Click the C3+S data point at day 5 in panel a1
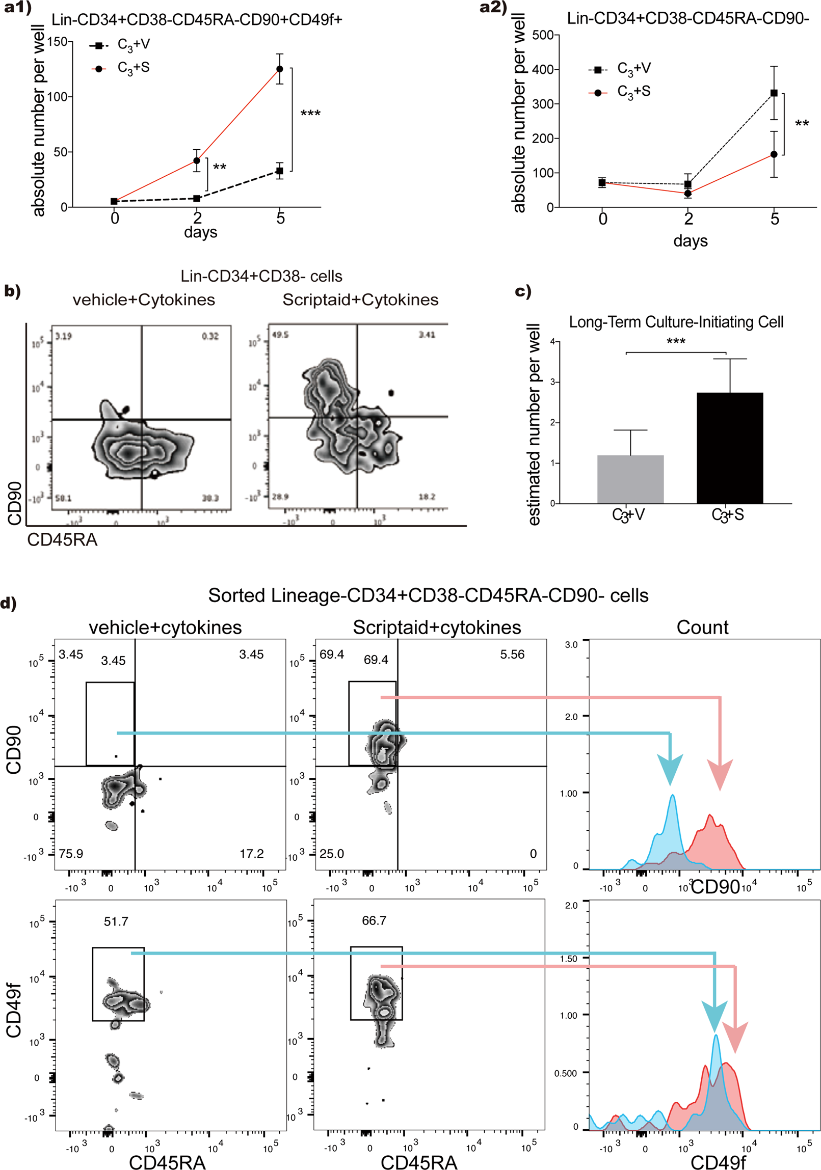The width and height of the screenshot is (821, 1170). click(279, 69)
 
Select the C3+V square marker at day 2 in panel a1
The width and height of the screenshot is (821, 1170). click(197, 198)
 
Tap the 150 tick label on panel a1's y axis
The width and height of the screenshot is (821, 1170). click(57, 42)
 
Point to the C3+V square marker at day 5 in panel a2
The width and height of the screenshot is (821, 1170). click(774, 93)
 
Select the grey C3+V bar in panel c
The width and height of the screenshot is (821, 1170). click(630, 479)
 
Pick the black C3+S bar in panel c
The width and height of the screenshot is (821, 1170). click(730, 448)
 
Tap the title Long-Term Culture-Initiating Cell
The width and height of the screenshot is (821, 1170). click(676, 322)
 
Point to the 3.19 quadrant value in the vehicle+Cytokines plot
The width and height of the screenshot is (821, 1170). click(63, 336)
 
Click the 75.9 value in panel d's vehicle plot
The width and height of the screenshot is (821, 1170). click(71, 854)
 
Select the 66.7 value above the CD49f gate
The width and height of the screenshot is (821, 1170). click(374, 920)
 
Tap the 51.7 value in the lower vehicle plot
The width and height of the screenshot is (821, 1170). click(116, 921)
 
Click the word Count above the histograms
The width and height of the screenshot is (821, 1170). click(702, 628)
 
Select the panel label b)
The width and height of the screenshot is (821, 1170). click(12, 291)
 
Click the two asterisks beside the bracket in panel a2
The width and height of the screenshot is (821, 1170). click(802, 124)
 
